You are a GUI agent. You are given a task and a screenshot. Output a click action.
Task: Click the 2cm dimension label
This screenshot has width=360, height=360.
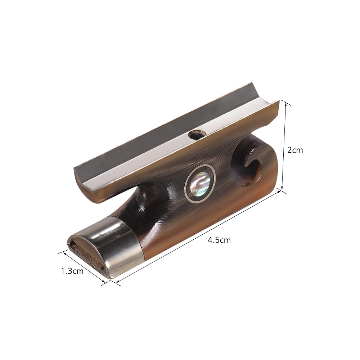pyautogui.click(x=295, y=150)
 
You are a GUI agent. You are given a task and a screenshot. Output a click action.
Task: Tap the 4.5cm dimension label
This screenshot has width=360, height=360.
pyautogui.click(x=219, y=240)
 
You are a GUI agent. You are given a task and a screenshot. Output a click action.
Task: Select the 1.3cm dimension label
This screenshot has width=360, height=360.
pyautogui.click(x=72, y=271)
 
